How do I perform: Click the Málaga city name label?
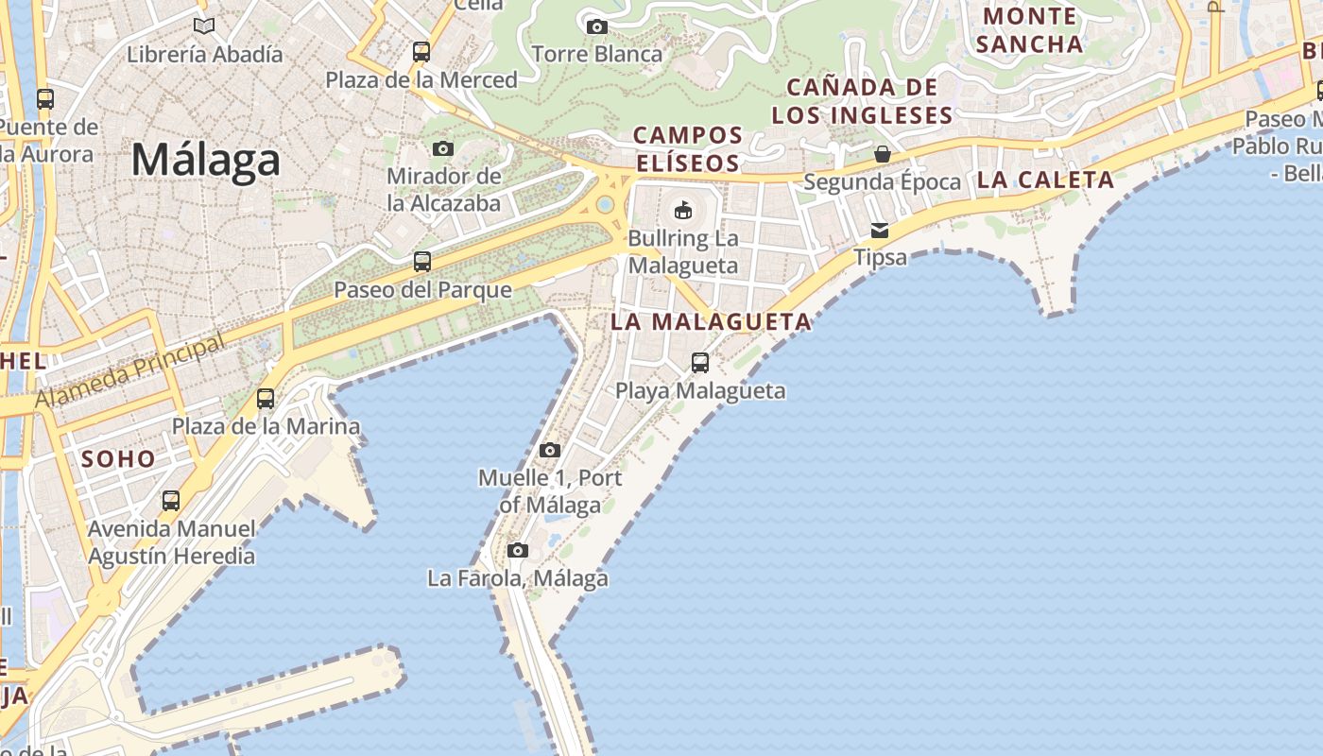[206, 160]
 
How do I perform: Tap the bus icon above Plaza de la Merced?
[421, 51]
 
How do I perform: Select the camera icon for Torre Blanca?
[596, 26]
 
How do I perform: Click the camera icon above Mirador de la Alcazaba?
[442, 148]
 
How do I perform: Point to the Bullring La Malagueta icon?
[682, 209]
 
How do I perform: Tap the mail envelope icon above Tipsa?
[880, 230]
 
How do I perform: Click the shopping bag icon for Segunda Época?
[882, 154]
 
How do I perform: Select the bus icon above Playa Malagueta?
[700, 362]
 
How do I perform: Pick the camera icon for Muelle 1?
[550, 450]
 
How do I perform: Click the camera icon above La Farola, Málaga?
[517, 550]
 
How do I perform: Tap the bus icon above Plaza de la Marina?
[266, 399]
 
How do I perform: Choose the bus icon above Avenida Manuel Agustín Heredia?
[171, 500]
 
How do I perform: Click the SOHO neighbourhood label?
[118, 460]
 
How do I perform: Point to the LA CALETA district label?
[1046, 180]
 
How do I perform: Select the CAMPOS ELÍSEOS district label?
[688, 149]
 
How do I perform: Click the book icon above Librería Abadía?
[204, 26]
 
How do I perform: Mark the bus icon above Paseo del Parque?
[422, 262]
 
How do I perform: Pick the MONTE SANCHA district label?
[1030, 30]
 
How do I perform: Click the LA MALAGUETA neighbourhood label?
[711, 321]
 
